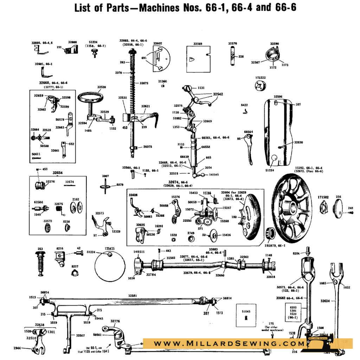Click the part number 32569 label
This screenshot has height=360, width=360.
(198, 44)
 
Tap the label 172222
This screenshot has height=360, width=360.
(261, 77)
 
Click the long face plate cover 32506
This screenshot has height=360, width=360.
(279, 132)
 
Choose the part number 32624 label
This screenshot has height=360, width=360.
(326, 301)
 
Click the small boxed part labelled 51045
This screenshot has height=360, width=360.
(246, 315)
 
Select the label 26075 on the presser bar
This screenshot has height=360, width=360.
(148, 147)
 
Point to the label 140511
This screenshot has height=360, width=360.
(139, 252)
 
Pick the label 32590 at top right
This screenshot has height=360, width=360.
(275, 44)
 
